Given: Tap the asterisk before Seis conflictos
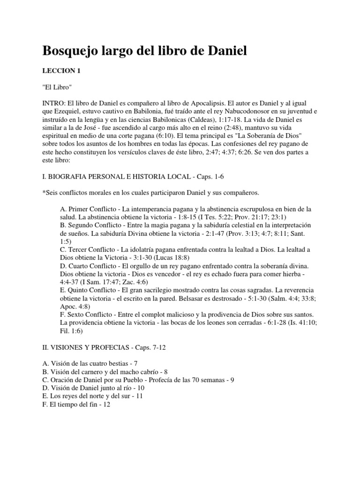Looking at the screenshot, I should point(44,192).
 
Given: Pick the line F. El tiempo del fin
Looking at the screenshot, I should point(76,404).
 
